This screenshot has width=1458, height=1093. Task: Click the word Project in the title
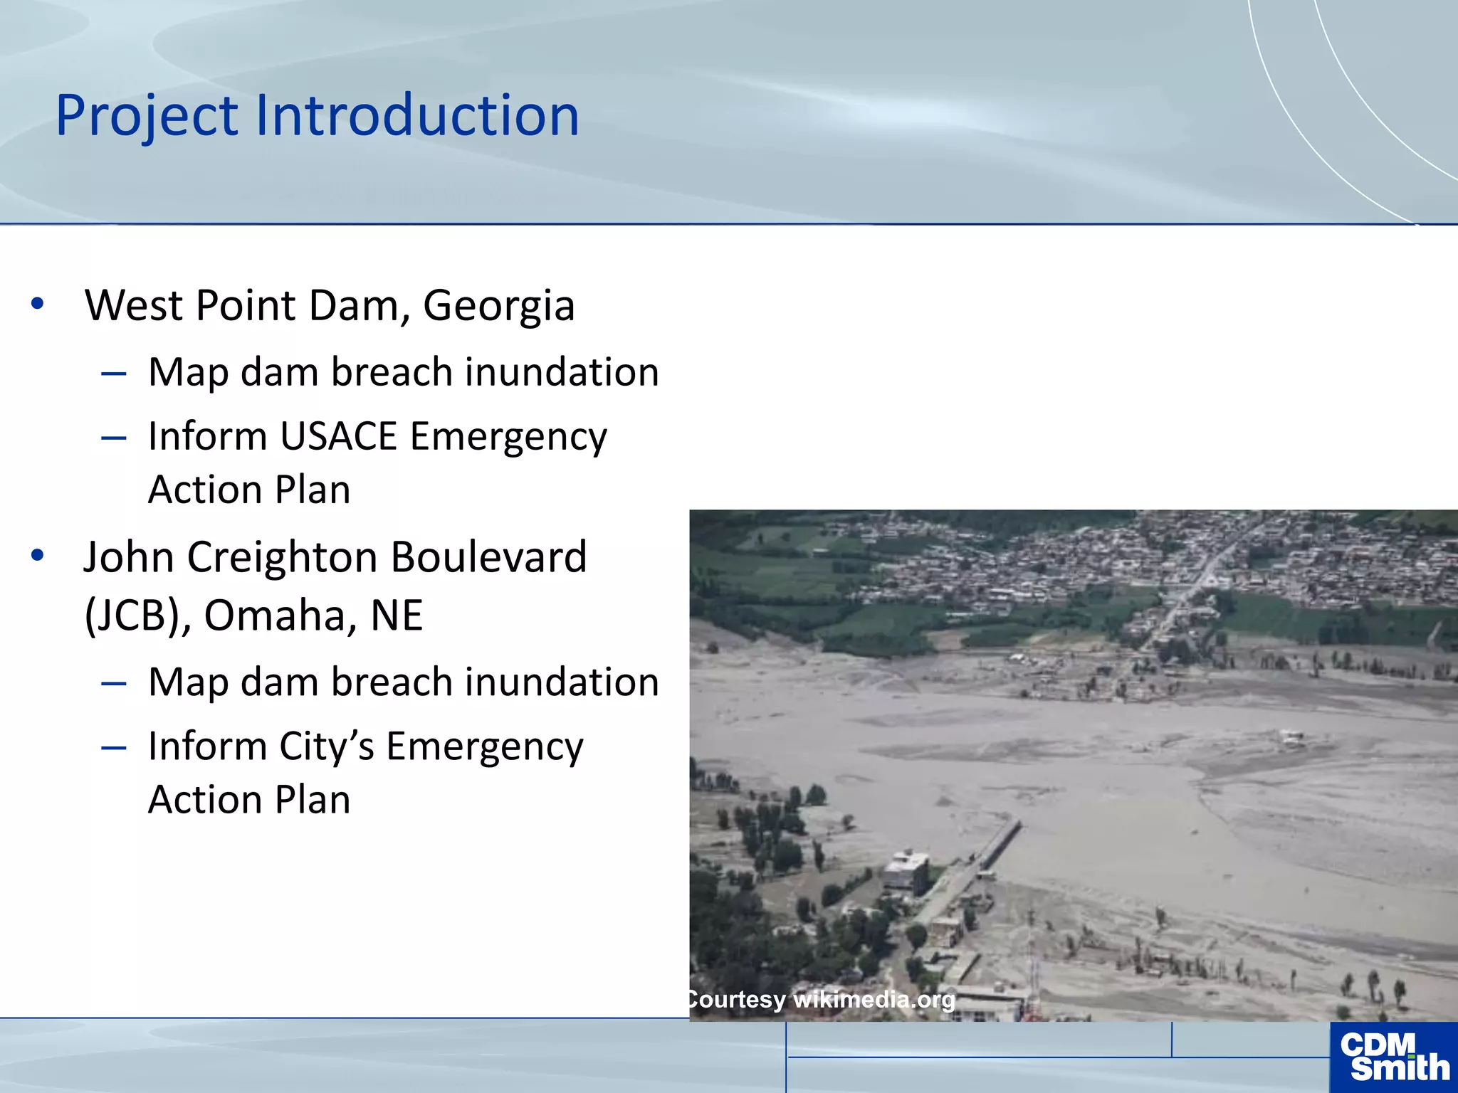pos(147,116)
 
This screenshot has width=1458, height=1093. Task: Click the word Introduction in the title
pos(416,116)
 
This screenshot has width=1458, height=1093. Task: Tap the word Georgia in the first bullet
pos(498,307)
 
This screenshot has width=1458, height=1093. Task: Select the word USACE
pos(338,436)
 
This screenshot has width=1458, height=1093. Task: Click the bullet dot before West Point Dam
pos(38,304)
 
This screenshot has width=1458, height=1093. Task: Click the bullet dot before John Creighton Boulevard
pos(38,555)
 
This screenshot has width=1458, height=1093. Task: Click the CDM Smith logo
pos(1393,1057)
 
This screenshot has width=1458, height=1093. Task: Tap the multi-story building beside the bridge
pos(906,872)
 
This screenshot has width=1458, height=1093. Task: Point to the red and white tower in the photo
pos(1032,968)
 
